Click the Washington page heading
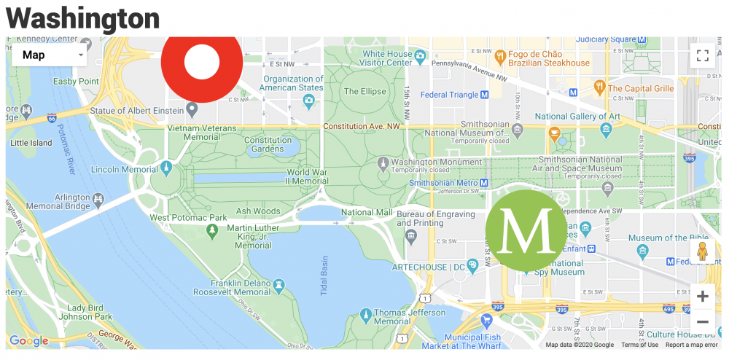click(82, 17)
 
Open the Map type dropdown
click(50, 55)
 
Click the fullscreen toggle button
click(702, 55)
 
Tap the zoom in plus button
click(702, 297)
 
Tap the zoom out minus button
click(702, 321)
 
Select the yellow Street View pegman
click(702, 251)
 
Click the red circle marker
click(202, 62)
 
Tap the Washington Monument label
click(436, 162)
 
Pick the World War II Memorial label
click(307, 176)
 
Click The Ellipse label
click(365, 92)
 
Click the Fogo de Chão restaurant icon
click(500, 55)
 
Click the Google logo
click(29, 341)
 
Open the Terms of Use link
click(639, 345)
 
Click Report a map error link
click(691, 345)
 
